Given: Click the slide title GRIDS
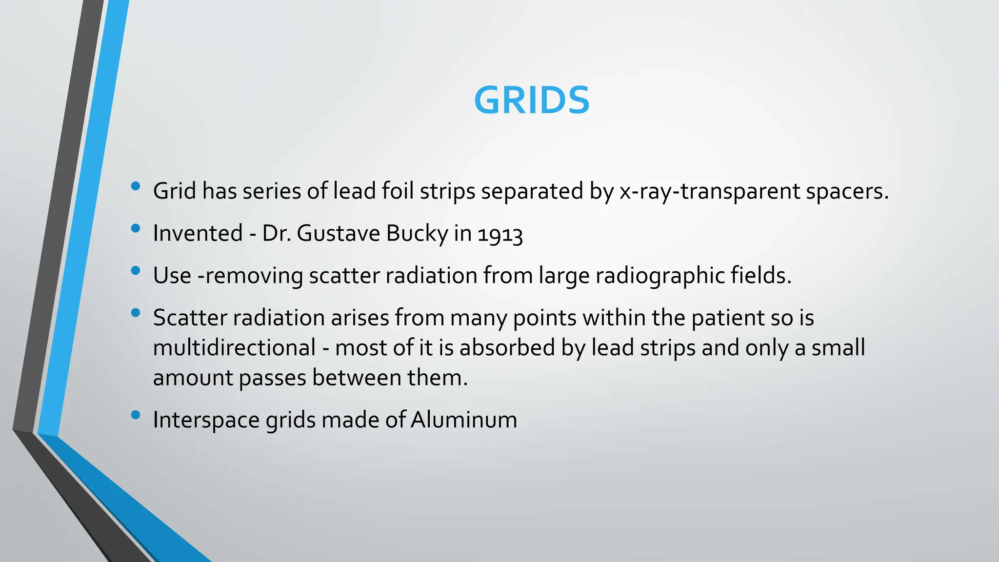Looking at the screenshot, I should point(531,100).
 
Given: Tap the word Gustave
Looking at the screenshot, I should point(338,234).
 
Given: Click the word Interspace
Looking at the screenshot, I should point(206,420).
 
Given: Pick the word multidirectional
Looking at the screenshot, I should point(234,348).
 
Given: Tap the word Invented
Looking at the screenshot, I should point(198,234).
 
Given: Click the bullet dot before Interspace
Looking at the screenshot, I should point(136,415).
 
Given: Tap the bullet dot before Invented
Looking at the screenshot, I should point(136,228).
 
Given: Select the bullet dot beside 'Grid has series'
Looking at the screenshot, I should point(136,186).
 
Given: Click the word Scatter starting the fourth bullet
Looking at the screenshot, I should point(190,318).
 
